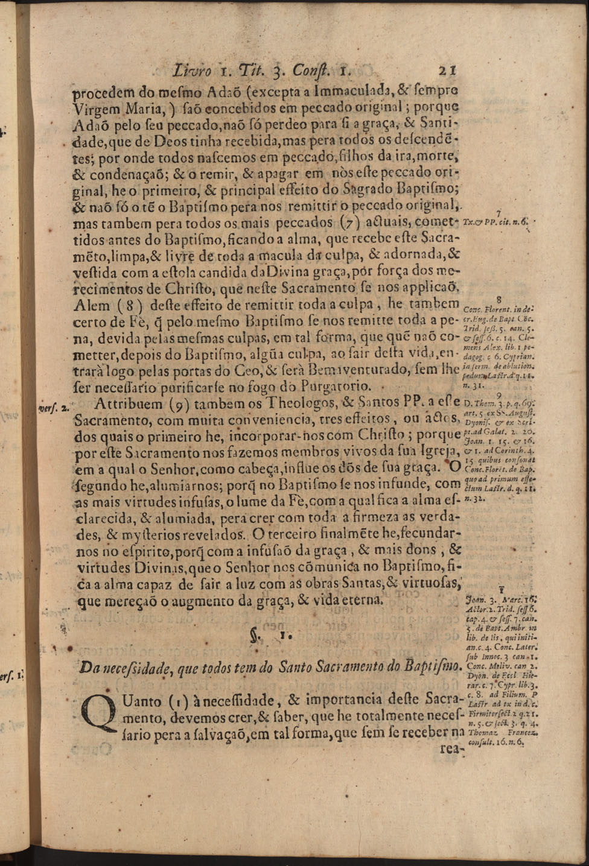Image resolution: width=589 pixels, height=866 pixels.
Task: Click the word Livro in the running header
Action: pos(192,70)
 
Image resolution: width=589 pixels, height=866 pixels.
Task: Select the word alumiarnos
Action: pos(165,484)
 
